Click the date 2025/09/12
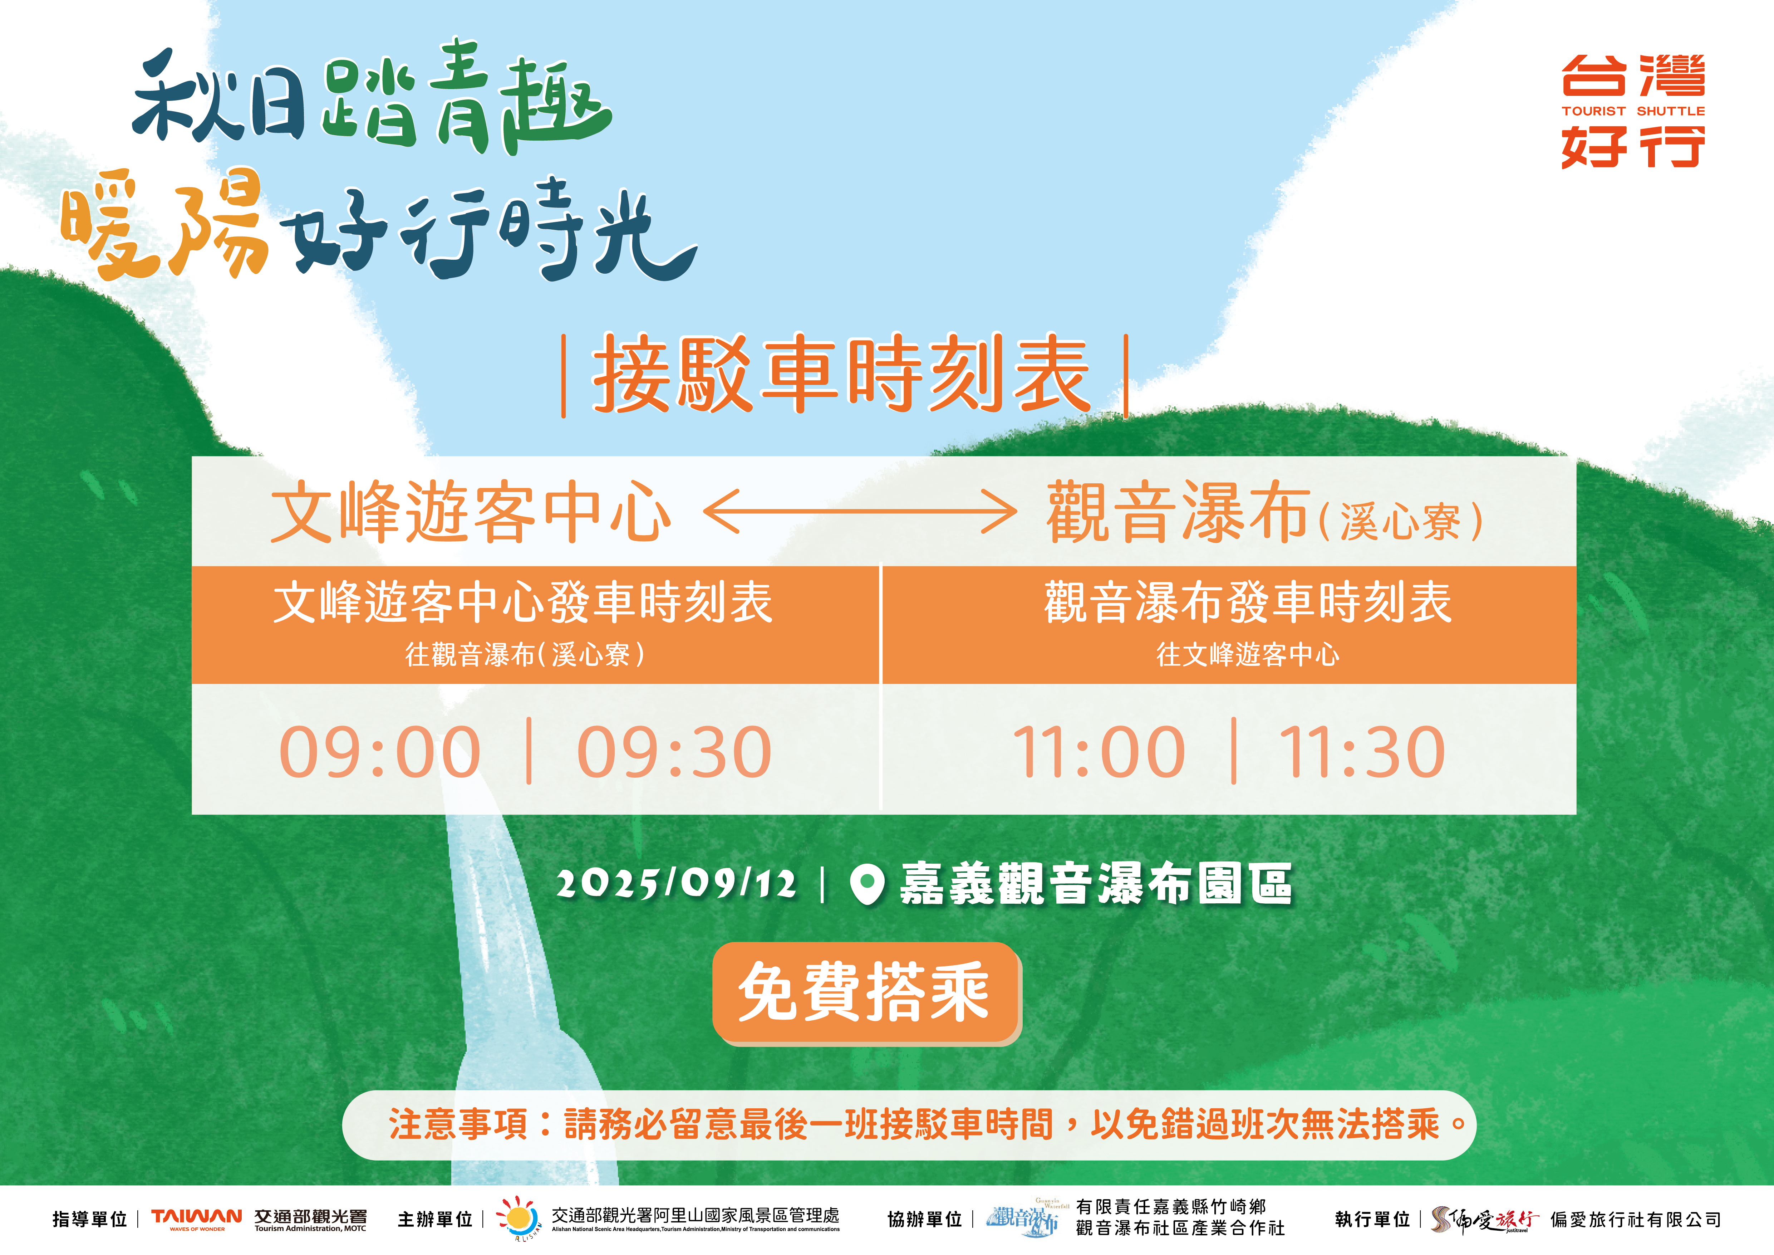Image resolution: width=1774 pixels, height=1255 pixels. [x=676, y=883]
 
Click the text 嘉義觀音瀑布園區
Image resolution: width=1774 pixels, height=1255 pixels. [x=1096, y=883]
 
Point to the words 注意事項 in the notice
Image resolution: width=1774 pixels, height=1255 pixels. [x=458, y=1124]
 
